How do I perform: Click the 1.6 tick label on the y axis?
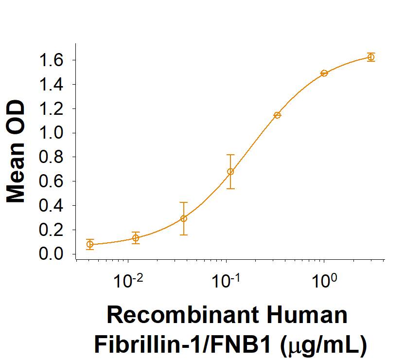pyautogui.click(x=52, y=60)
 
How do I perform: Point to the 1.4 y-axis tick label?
pyautogui.click(x=52, y=85)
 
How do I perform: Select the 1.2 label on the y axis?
pyautogui.click(x=52, y=109)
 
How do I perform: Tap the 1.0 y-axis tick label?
pyautogui.click(x=52, y=133)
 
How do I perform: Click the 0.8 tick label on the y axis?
pyautogui.click(x=52, y=157)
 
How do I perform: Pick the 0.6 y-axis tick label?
pyautogui.click(x=52, y=181)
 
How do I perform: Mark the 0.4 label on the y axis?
pyautogui.click(x=52, y=206)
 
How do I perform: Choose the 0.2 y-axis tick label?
pyautogui.click(x=52, y=230)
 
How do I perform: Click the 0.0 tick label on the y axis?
pyautogui.click(x=52, y=254)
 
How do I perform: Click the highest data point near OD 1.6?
pyautogui.click(x=371, y=57)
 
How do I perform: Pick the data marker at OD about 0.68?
pyautogui.click(x=230, y=172)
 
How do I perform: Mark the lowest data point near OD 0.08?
pyautogui.click(x=90, y=244)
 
